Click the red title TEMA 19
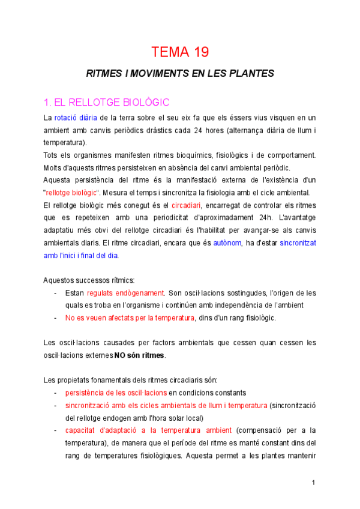180,52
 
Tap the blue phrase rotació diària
76,117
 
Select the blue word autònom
227,243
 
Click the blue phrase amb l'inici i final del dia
81,256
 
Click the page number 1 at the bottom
313,482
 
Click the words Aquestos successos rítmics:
89,280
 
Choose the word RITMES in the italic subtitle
103,73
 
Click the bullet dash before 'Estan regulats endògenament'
56,293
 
